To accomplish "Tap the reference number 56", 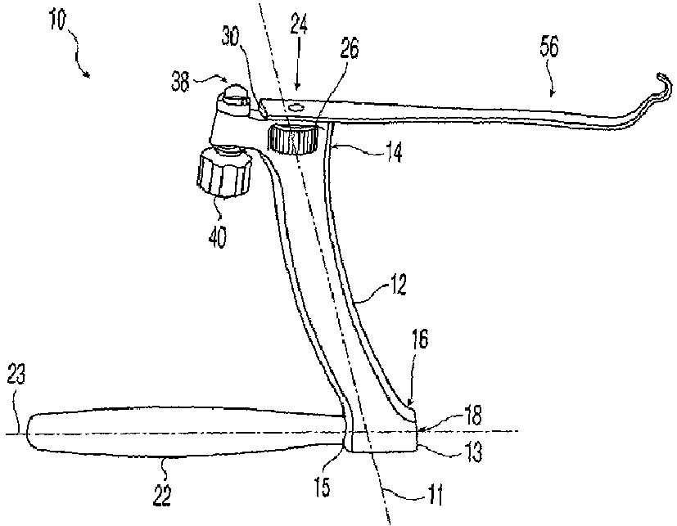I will point(549,48).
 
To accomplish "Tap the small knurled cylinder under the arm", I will point(294,138).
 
